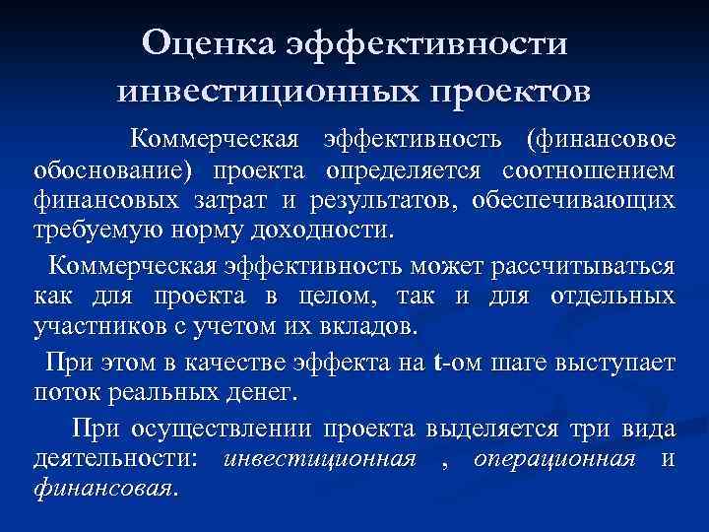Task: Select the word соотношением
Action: point(589,171)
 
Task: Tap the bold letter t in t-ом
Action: point(436,363)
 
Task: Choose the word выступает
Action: point(617,363)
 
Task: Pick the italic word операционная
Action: point(553,458)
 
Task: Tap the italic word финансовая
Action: point(103,489)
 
